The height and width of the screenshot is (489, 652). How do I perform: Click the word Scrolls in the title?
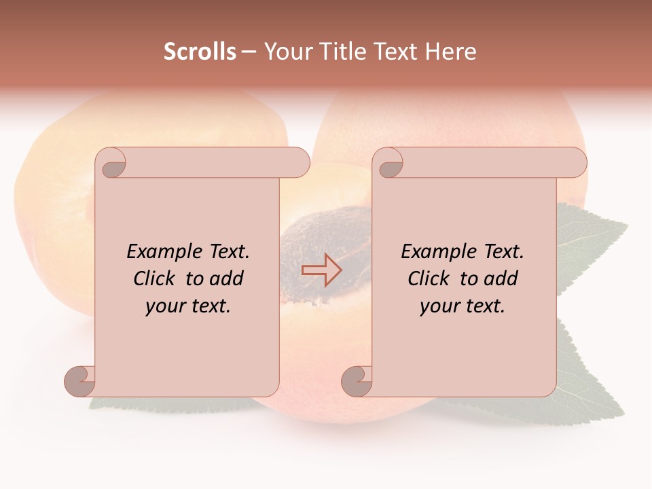tap(200, 52)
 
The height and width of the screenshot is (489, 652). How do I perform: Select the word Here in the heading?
tap(451, 52)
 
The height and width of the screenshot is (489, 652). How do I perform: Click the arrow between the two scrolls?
tap(321, 270)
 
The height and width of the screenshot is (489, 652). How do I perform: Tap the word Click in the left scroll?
tap(156, 278)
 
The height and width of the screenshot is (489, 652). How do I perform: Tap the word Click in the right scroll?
tap(430, 278)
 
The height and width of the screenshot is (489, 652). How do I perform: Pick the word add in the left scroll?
tap(226, 278)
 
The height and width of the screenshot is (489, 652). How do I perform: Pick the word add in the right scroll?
tap(501, 278)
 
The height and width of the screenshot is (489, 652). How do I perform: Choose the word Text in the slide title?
tap(397, 52)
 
